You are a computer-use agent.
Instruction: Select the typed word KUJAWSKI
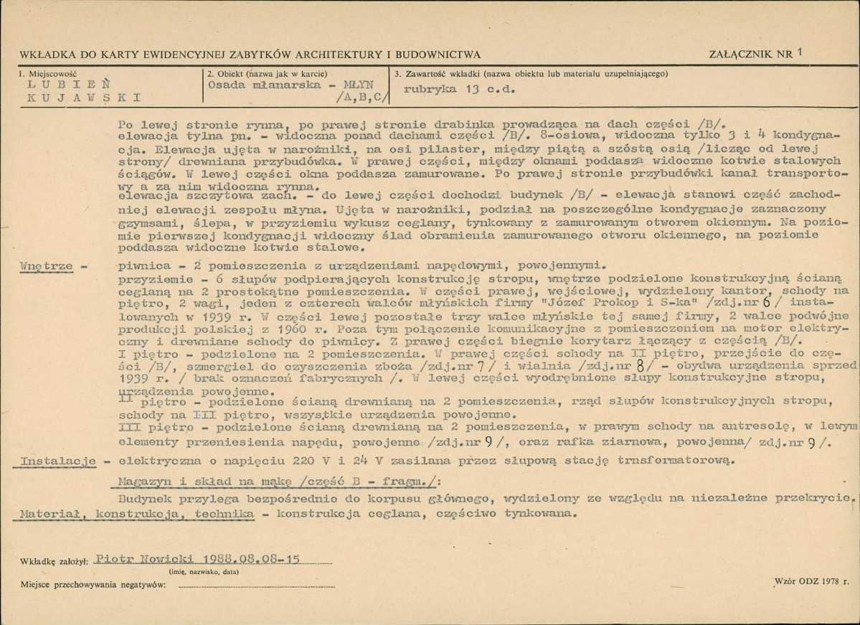tap(79, 99)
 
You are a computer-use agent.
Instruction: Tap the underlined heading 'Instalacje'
tap(58, 460)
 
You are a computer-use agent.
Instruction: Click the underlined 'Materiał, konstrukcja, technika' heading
tap(136, 514)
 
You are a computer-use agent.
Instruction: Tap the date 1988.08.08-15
tap(250, 560)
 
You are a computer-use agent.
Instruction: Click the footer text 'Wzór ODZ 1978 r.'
tap(812, 579)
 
